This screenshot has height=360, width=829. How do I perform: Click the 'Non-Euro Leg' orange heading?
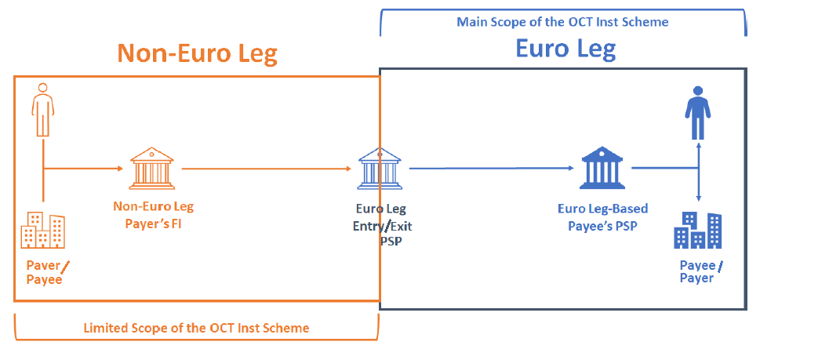click(197, 53)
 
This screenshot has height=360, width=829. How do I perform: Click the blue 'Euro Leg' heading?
click(565, 49)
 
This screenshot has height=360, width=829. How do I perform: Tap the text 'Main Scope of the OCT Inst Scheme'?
click(562, 22)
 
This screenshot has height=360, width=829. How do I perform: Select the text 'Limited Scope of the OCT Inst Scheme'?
click(196, 328)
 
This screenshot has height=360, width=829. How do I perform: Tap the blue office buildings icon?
click(697, 229)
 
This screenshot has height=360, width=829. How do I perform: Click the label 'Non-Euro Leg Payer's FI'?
click(153, 214)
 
